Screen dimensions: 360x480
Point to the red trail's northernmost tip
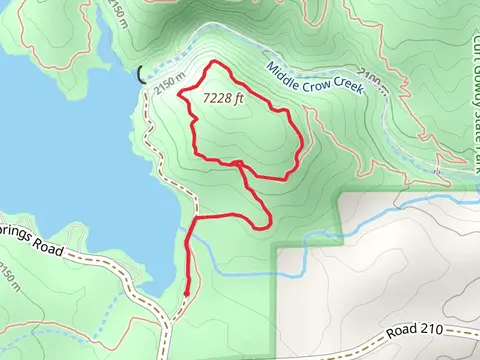click(211, 63)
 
